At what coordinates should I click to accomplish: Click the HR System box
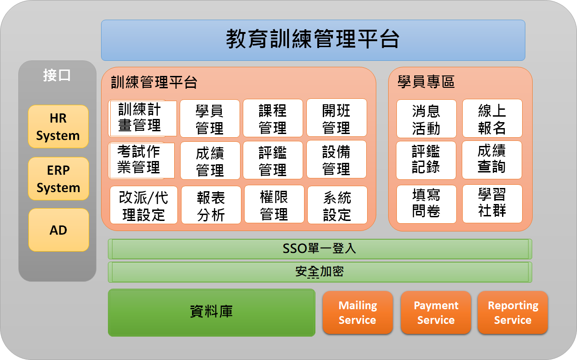[x=58, y=126]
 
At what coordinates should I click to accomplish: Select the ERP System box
[x=59, y=178]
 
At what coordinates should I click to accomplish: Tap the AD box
[x=59, y=230]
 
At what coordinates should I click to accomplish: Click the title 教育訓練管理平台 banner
[x=313, y=40]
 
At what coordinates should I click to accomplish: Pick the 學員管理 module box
[x=210, y=118]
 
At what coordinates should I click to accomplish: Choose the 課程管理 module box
[x=273, y=118]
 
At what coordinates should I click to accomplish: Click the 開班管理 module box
[x=337, y=118]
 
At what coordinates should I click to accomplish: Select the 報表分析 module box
[x=211, y=205]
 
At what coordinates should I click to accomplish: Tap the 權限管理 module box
[x=274, y=204]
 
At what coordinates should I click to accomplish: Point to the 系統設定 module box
[x=337, y=205]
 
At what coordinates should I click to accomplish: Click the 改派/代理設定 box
[x=144, y=205]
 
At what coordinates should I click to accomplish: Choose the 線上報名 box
[x=492, y=118]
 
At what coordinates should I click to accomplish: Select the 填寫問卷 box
[x=426, y=204]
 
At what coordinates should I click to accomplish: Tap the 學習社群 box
[x=492, y=204]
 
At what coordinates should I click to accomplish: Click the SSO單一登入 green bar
[x=320, y=249]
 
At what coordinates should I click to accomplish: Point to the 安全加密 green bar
[x=320, y=272]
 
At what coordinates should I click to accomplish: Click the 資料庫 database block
[x=212, y=312]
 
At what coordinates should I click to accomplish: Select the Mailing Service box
[x=358, y=312]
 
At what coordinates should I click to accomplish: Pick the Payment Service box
[x=436, y=312]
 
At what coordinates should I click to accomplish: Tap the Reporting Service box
[x=513, y=312]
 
